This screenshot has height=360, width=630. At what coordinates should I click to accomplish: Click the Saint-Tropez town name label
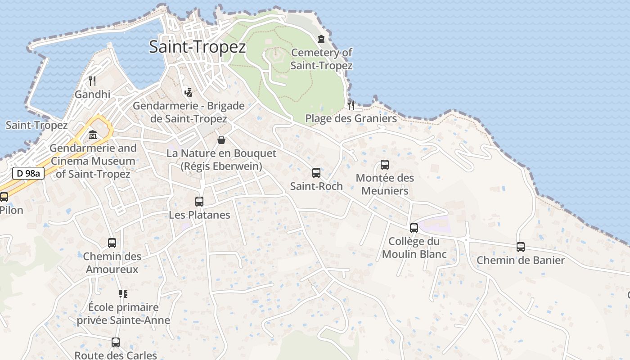pos(198,47)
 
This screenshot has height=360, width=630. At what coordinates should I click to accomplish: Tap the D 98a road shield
pos(28,173)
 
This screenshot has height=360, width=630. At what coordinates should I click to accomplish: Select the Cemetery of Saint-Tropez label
pos(321,59)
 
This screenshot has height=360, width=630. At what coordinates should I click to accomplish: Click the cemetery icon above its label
pos(321,39)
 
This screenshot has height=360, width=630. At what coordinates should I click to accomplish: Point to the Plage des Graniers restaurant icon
pos(351,105)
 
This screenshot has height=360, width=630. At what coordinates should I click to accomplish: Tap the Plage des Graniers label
pos(351,118)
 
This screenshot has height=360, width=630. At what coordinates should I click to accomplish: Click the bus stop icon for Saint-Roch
pos(316,172)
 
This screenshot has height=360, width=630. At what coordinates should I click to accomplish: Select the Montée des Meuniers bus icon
pos(385,165)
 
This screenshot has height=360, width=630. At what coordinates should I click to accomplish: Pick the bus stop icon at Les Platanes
pos(199,202)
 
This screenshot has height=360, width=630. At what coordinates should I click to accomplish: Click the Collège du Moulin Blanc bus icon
pos(414,228)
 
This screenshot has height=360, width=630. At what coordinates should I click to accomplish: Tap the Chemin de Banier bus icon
pos(521,247)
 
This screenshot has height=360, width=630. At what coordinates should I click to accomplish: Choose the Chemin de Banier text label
pos(521,260)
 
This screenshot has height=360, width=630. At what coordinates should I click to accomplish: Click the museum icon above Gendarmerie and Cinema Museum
pos(93,135)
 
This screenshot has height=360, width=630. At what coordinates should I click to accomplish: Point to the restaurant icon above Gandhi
pos(92,81)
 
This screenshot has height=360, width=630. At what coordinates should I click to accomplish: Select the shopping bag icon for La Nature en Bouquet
pos(221,140)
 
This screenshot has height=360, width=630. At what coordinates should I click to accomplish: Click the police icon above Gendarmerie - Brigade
pos(189,92)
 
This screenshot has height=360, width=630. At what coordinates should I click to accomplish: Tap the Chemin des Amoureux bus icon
pos(112,243)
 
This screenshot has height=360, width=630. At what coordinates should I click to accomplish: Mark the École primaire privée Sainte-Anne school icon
pos(123,294)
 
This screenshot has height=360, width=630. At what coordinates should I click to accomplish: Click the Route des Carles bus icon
pos(116,342)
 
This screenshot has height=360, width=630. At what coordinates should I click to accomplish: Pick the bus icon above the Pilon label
pos(4,197)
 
